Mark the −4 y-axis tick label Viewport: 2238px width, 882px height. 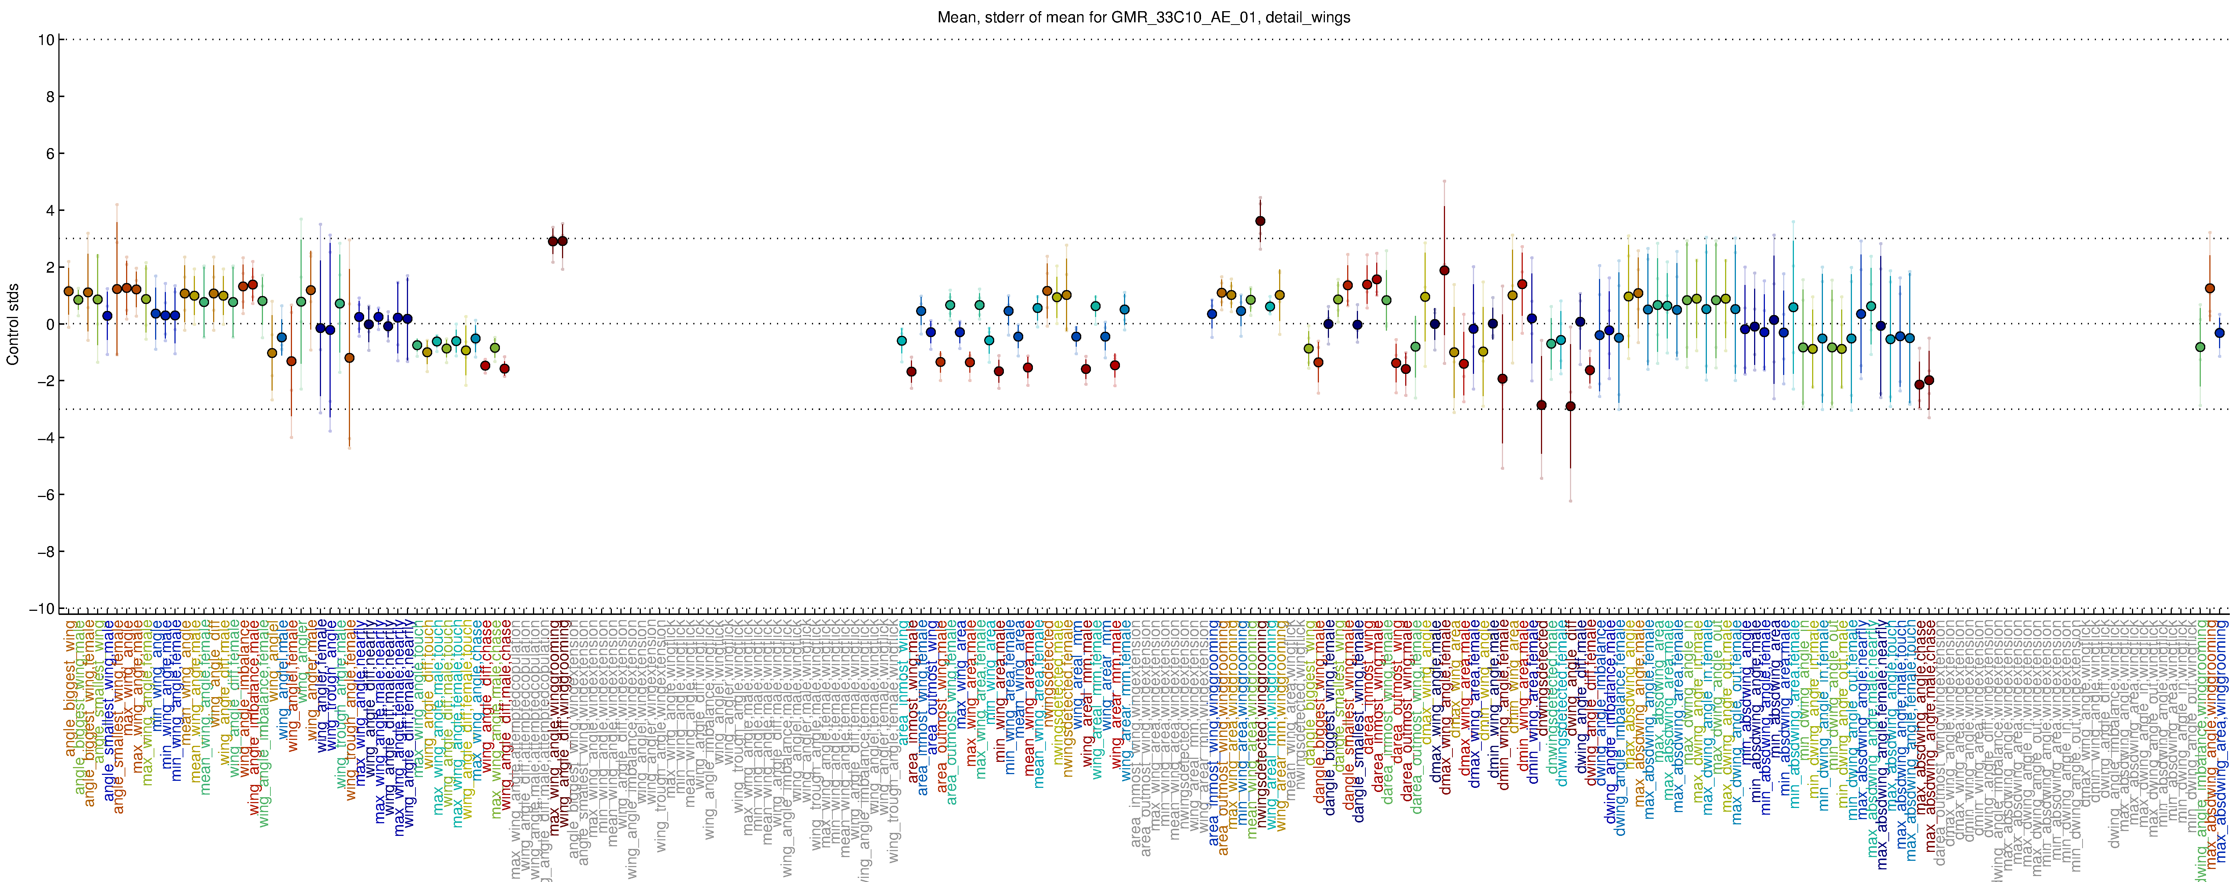coord(44,438)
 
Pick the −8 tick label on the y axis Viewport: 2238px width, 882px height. coord(44,552)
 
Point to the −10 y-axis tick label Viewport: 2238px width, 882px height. coord(41,608)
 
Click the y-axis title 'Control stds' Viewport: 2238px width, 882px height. coord(13,324)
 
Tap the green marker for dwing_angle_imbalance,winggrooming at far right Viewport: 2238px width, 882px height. coord(2200,347)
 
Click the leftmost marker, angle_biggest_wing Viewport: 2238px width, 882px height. coord(69,291)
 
